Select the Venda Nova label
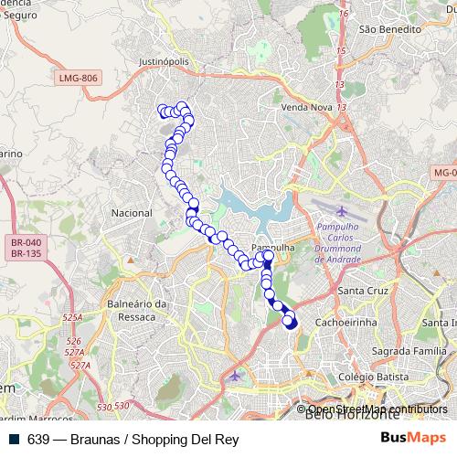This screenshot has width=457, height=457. tap(307, 107)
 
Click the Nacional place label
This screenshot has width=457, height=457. tap(131, 213)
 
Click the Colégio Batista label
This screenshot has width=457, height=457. tap(371, 377)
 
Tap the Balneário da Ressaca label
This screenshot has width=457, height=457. tap(137, 310)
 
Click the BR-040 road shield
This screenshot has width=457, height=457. tap(26, 242)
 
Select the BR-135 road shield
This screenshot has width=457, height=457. tap(26, 253)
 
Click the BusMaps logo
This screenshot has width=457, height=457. tap(413, 438)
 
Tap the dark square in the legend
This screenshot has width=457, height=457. tap(15, 439)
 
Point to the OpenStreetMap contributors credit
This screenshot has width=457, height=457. tap(377, 409)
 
